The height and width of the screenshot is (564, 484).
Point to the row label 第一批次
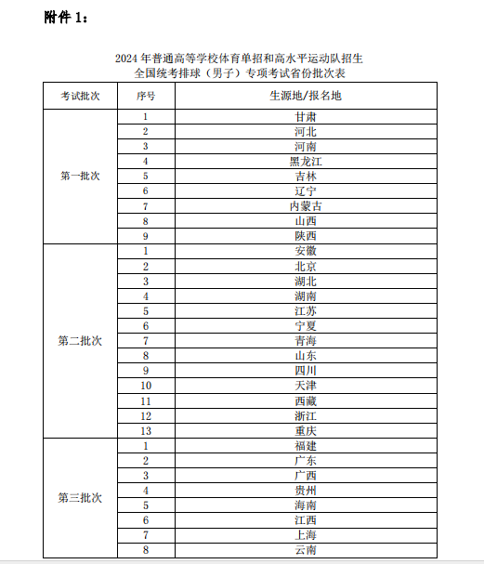[x=80, y=176]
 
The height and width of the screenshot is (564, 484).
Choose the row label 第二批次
[x=80, y=340]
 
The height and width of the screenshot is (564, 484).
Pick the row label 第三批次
[x=80, y=497]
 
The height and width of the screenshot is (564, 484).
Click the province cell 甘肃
[x=305, y=117]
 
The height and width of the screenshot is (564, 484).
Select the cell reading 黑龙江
[x=305, y=161]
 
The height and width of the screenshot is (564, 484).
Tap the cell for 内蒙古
[x=305, y=206]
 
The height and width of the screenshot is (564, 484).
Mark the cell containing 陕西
[x=305, y=236]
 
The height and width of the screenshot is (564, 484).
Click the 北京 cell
[x=305, y=266]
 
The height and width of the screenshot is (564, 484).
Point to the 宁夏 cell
[x=305, y=326]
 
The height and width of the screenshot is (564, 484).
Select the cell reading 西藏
[x=305, y=400]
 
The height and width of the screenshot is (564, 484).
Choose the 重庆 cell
[x=305, y=430]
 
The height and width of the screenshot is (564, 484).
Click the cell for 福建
[x=305, y=446]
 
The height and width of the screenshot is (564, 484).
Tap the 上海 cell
[x=305, y=535]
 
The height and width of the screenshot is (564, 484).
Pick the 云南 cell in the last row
[x=305, y=550]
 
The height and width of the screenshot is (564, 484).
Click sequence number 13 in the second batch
[x=146, y=430]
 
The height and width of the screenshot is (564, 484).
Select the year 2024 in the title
[x=126, y=59]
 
